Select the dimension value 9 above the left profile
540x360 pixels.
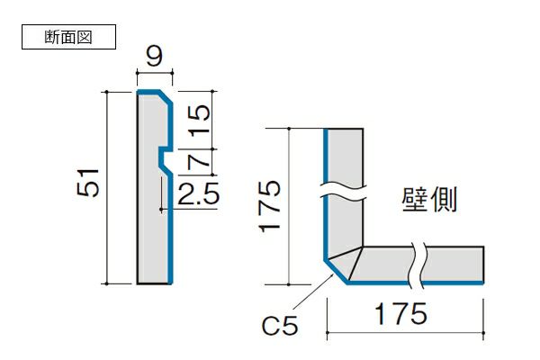pos(153,59)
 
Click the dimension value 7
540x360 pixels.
pos(202,160)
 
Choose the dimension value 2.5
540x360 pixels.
pos(198,193)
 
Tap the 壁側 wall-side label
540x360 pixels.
pos(429,199)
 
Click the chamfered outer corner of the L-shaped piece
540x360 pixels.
pos(334,271)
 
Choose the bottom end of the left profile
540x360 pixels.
pos(154,282)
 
